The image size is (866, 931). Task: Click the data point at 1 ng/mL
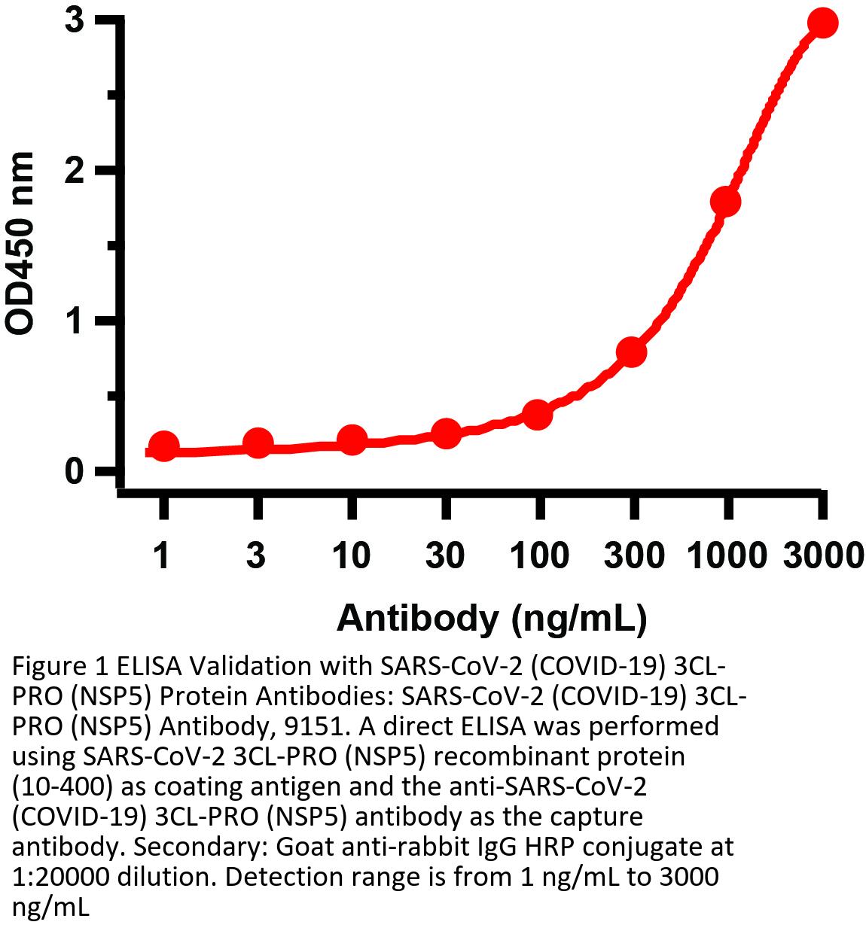click(163, 446)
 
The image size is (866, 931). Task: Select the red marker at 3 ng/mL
click(258, 443)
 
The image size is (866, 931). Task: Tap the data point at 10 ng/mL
click(352, 440)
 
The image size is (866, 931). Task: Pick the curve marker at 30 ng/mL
click(446, 433)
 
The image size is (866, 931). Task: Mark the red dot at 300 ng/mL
click(632, 351)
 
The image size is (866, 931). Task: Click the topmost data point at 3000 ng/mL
click(822, 23)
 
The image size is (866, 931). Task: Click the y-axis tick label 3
click(73, 20)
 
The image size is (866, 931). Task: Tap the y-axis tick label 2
click(73, 171)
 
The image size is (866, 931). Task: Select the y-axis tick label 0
click(73, 472)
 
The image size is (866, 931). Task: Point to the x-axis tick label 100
click(539, 555)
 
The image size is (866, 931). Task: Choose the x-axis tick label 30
click(445, 555)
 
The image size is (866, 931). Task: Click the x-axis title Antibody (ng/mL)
click(491, 618)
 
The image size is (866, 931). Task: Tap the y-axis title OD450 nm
click(20, 242)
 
